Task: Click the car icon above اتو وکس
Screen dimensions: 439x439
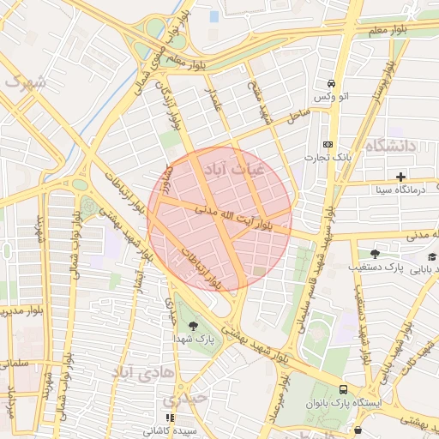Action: point(331,83)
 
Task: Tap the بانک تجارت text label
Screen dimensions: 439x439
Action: point(328,159)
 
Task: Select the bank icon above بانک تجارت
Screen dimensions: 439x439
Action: point(328,144)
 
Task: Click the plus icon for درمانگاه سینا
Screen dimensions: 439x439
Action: point(400,176)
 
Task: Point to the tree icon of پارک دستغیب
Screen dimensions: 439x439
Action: point(375,254)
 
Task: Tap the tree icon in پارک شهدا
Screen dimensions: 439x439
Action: point(191,324)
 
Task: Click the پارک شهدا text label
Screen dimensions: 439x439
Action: point(203,340)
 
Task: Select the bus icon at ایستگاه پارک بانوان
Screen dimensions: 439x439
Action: point(344,388)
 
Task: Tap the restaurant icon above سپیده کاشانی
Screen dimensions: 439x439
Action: point(170,418)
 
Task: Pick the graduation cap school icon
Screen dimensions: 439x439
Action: point(432,257)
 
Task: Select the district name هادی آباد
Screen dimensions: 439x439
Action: point(142,372)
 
